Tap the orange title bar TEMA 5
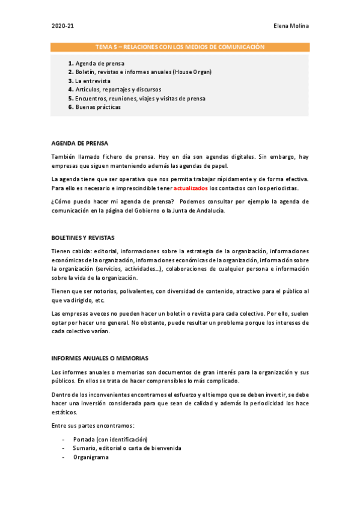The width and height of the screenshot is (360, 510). (x=180, y=47)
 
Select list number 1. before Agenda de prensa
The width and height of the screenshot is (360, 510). (x=71, y=63)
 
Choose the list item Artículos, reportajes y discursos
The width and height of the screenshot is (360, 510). (x=114, y=90)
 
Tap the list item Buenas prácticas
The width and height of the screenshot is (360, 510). (x=98, y=107)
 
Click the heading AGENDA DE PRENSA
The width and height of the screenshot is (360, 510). (x=80, y=143)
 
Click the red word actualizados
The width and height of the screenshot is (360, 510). (x=191, y=188)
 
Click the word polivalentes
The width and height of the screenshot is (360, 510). (x=133, y=291)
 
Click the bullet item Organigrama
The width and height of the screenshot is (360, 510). (x=91, y=457)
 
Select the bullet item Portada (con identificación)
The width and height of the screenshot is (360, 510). (x=111, y=439)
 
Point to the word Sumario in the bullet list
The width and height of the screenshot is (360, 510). (x=85, y=448)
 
